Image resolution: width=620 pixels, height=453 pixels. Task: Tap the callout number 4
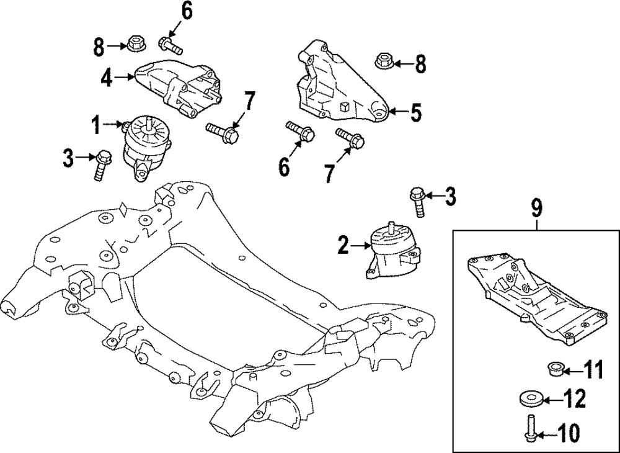pos(107,78)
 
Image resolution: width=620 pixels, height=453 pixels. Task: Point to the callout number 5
pos(415,113)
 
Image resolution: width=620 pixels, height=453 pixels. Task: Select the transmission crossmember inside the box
pos(533,295)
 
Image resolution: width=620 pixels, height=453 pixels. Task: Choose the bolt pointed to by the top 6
pos(169,45)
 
